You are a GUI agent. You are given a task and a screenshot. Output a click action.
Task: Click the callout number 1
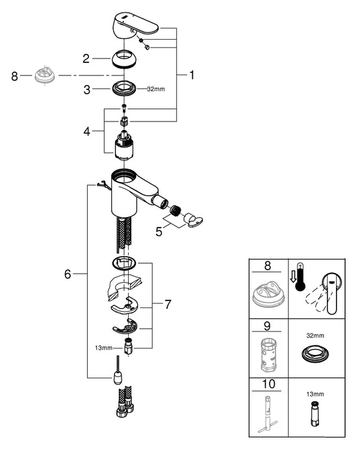click(192, 75)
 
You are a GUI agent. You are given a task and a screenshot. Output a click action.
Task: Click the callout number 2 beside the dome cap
click(86, 58)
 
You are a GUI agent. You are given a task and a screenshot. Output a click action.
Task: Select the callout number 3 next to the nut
click(86, 90)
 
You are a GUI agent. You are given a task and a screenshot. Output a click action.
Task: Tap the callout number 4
click(86, 131)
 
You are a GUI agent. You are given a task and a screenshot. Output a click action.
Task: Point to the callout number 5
click(159, 231)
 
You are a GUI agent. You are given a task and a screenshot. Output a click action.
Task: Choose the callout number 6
click(68, 274)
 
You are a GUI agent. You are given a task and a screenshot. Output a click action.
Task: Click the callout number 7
click(168, 304)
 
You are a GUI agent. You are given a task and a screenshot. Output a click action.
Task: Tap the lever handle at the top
click(135, 26)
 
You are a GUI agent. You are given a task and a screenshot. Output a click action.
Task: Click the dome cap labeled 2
click(125, 59)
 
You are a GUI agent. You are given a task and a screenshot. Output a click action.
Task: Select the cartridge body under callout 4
click(125, 145)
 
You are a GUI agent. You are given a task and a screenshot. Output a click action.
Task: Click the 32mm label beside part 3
click(156, 89)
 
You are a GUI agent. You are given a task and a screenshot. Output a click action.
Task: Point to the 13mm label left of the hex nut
click(103, 347)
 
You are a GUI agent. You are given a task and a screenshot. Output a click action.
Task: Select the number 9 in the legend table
click(267, 326)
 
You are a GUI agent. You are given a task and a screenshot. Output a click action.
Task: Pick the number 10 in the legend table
click(268, 384)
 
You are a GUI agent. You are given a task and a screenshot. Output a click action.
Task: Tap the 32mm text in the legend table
click(315, 335)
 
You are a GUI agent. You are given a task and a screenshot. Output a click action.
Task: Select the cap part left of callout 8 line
click(44, 75)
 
